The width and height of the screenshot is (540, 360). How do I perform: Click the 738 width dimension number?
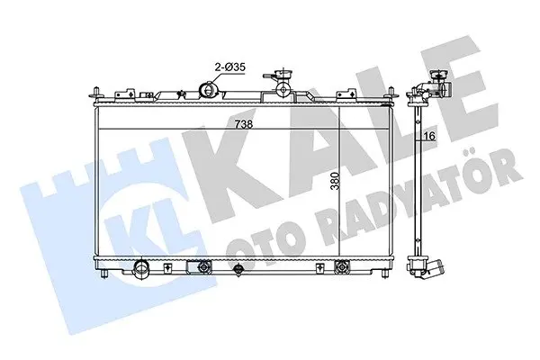244,123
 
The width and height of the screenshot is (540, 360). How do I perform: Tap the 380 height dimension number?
335,182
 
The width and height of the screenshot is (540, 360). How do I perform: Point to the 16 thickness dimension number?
430,136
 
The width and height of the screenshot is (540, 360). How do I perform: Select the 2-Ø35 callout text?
229,67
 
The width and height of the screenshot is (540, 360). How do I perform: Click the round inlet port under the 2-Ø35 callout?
209,90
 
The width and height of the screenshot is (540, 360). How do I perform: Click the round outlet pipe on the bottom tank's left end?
141,267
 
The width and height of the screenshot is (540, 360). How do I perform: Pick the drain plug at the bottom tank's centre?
238,269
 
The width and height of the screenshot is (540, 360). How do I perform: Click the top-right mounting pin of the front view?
391,93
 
